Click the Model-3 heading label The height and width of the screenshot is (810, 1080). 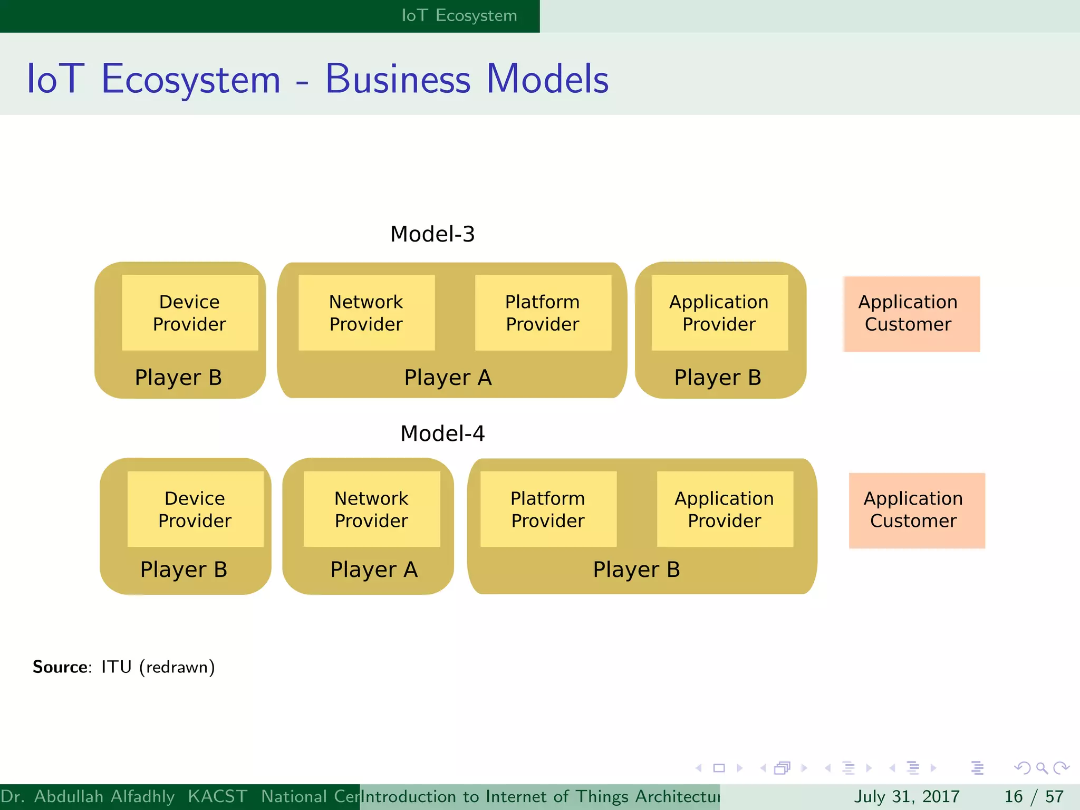click(432, 234)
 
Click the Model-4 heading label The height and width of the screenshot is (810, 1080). click(442, 433)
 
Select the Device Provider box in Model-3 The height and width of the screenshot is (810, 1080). click(190, 313)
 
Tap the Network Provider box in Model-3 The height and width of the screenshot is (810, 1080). click(367, 313)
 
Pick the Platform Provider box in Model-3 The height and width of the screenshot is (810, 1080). click(543, 313)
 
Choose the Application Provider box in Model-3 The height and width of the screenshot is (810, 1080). click(719, 313)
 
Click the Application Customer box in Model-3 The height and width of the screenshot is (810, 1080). click(911, 314)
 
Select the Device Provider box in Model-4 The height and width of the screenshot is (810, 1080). click(195, 509)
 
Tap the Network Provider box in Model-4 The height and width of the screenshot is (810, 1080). click(372, 509)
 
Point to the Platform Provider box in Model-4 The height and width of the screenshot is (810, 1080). click(548, 509)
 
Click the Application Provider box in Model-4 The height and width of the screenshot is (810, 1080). click(725, 509)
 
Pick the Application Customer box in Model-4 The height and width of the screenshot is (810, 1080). click(917, 510)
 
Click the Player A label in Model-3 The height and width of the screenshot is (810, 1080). click(448, 378)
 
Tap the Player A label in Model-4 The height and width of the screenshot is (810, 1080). click(374, 570)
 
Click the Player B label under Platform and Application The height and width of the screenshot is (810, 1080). click(637, 570)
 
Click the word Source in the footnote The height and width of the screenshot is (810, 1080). click(60, 667)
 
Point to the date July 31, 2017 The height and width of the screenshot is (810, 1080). click(907, 796)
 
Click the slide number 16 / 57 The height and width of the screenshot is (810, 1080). click(1034, 796)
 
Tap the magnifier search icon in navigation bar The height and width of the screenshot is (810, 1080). click(1042, 768)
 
